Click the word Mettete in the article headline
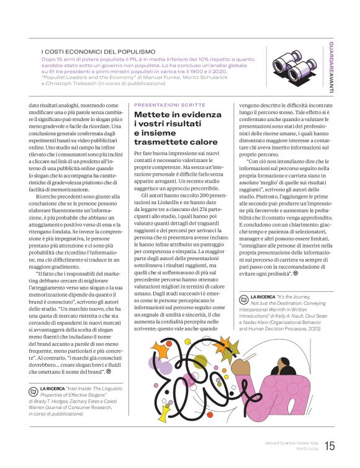[151, 115]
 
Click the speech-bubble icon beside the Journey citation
[243, 298]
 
